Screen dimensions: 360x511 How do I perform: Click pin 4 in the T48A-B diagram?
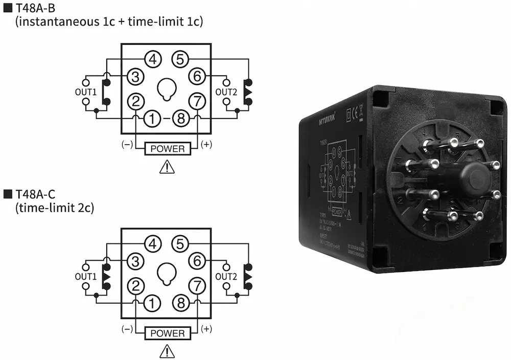(x=152, y=59)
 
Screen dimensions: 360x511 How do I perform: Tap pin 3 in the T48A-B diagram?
(x=135, y=77)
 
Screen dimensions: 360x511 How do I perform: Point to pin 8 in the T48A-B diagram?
(x=180, y=119)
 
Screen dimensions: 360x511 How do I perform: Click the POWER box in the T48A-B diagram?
(x=168, y=149)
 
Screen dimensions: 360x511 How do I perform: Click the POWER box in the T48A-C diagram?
(x=168, y=333)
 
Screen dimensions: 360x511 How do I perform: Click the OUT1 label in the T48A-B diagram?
(x=85, y=92)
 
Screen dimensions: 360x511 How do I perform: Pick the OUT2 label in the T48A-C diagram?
(x=226, y=277)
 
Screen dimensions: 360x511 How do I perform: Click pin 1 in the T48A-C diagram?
(x=152, y=303)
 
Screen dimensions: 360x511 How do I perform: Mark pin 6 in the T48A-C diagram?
(x=197, y=261)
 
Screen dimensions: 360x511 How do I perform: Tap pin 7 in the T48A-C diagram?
(x=197, y=286)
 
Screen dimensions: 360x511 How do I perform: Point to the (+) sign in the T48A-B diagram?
(x=206, y=145)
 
